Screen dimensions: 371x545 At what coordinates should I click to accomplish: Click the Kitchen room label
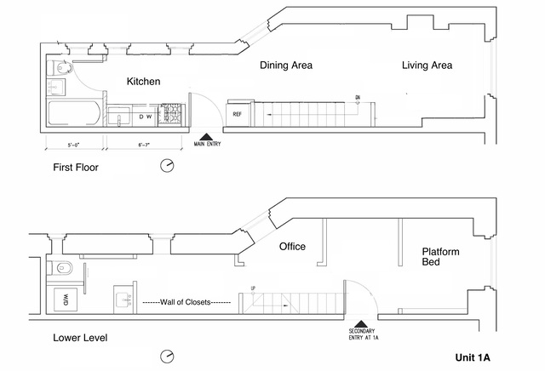(x=143, y=82)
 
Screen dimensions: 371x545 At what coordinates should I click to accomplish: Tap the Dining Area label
(x=286, y=66)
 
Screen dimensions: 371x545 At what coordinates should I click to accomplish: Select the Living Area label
(x=427, y=66)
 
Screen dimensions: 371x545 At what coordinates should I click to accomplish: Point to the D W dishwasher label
(x=146, y=116)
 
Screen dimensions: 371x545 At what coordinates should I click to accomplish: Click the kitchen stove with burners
(x=172, y=115)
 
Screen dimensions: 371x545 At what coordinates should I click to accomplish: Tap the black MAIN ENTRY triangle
(x=205, y=134)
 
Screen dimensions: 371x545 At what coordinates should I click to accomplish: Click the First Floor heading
(x=76, y=168)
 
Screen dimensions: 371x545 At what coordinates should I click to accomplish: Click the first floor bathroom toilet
(x=54, y=68)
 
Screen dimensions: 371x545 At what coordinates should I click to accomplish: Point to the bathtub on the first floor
(x=73, y=114)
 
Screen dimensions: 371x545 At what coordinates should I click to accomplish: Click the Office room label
(x=292, y=247)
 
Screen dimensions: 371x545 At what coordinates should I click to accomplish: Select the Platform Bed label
(x=441, y=258)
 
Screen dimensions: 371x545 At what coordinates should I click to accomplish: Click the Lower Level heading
(x=80, y=339)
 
